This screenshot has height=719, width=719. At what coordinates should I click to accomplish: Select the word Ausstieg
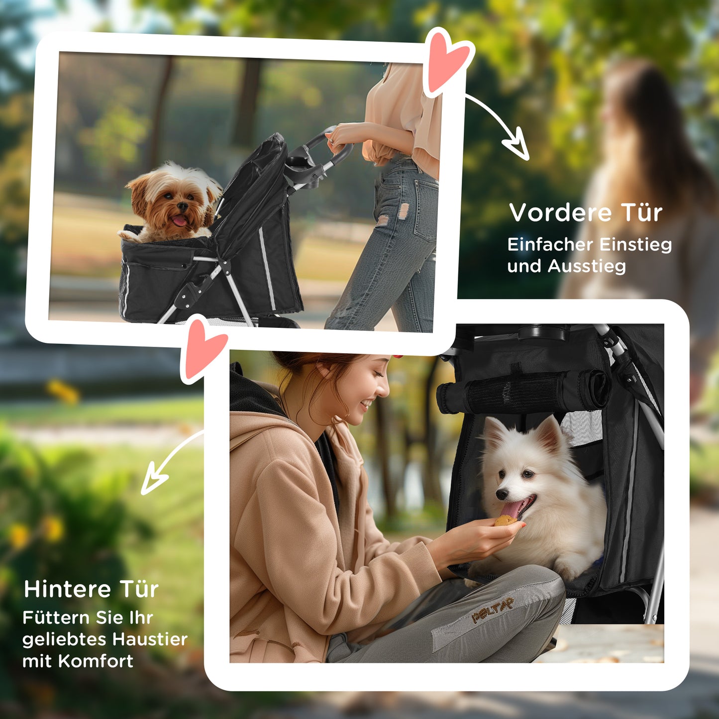[587, 267]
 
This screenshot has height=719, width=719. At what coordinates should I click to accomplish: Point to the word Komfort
[96, 661]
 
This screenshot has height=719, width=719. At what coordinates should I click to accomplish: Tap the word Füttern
[56, 618]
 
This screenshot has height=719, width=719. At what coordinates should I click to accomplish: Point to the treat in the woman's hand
[505, 521]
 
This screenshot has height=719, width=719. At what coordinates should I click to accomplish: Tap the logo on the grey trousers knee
[493, 610]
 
